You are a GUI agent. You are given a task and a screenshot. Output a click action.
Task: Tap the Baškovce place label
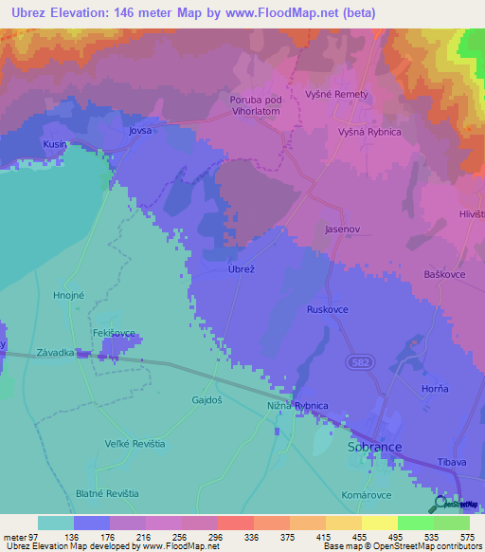(x=442, y=274)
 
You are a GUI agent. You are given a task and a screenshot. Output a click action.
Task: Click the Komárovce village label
(x=366, y=495)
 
